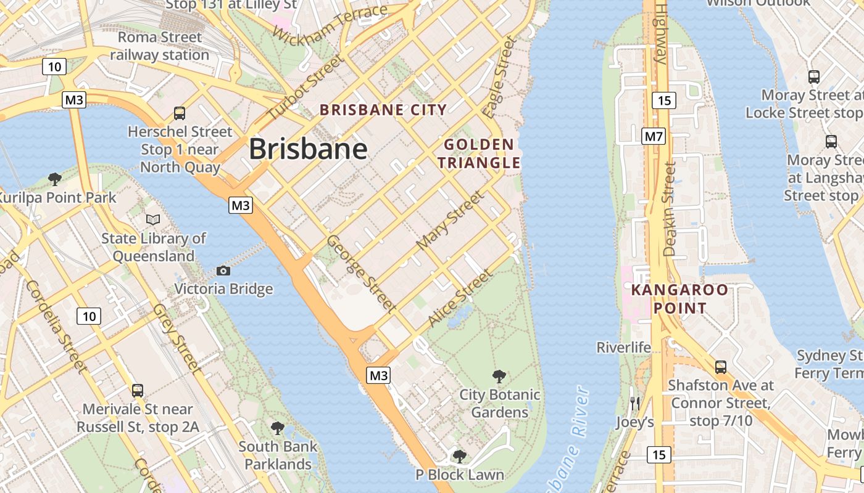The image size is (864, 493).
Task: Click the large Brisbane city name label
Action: coord(308,149)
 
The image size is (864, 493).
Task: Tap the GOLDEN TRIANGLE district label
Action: coord(479,154)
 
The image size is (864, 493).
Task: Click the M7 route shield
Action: coord(654,136)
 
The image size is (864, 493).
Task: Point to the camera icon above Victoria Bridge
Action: coord(223,271)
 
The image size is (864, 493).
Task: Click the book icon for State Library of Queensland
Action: coord(152,219)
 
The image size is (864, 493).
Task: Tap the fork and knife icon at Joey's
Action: coord(634,404)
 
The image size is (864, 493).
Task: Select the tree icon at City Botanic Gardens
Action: coord(499,376)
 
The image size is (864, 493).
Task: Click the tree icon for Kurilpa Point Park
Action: coord(55,179)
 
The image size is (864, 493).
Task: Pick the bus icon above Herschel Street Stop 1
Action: coord(180,113)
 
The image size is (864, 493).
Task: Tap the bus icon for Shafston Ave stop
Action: coord(720,367)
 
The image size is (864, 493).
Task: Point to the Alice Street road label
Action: coord(460,298)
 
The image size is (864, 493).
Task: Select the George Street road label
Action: coord(361,273)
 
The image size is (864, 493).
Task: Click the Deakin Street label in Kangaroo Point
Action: coord(670,209)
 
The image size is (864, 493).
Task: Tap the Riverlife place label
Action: coord(623,348)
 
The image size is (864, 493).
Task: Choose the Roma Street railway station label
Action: coord(160,46)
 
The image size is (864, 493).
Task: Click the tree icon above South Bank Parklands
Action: coord(278,428)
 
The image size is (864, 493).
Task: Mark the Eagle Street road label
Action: coord(499,78)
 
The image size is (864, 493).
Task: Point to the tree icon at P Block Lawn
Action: coord(459,456)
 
